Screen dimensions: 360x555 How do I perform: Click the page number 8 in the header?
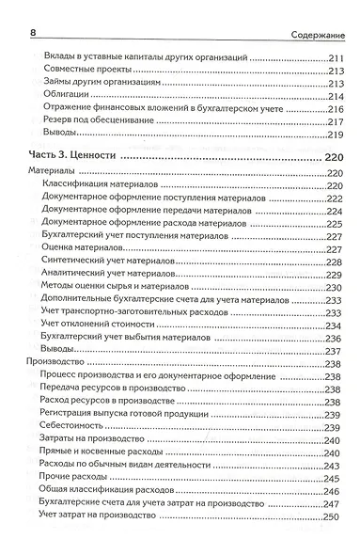(34, 35)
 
